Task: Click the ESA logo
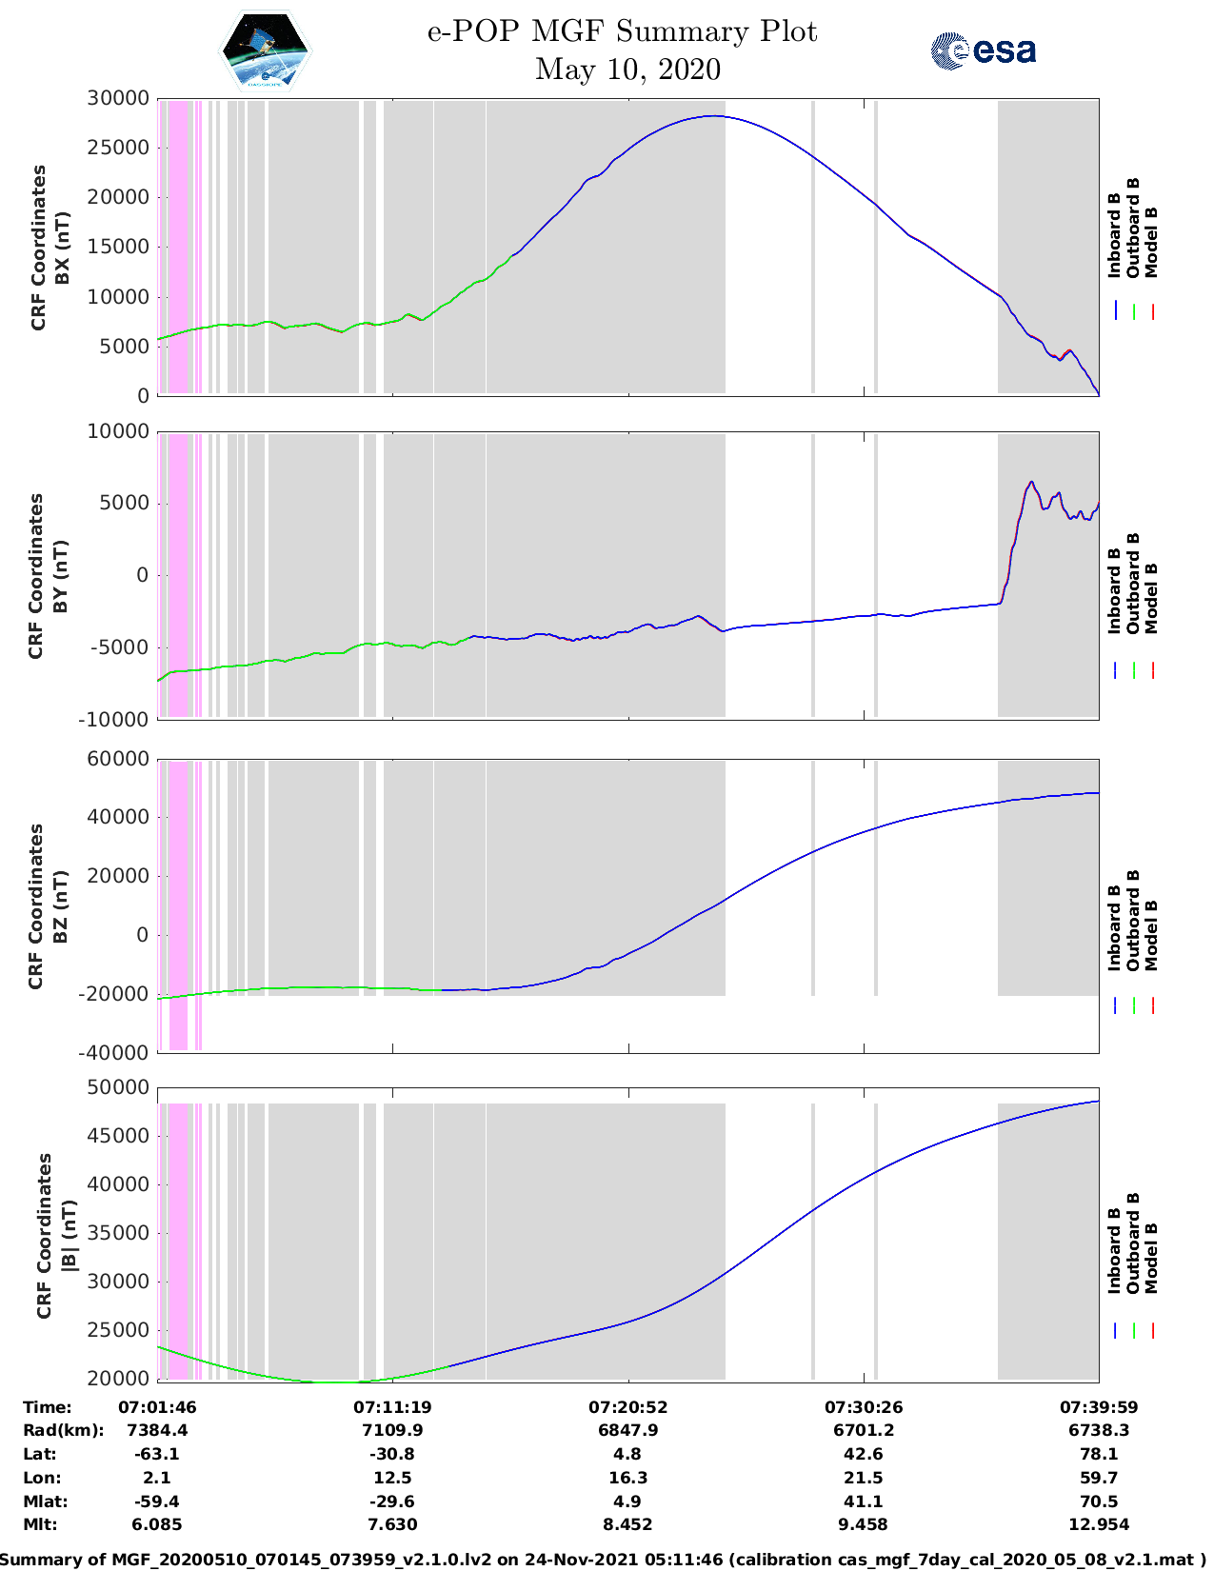[x=983, y=50]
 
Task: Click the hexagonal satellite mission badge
[x=266, y=50]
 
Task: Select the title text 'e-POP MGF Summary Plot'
[x=622, y=31]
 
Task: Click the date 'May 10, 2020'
[x=627, y=69]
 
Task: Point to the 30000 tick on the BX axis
[x=118, y=98]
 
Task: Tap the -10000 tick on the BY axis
[x=114, y=720]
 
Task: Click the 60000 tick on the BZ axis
[x=118, y=759]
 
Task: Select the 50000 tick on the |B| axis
[x=118, y=1087]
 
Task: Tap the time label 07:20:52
[x=627, y=1406]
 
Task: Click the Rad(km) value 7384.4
[x=157, y=1430]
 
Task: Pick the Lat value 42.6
[x=863, y=1454]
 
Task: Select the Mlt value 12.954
[x=1099, y=1524]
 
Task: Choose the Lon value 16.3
[x=627, y=1478]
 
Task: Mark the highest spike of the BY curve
[x=1031, y=482]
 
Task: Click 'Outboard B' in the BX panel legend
[x=1133, y=229]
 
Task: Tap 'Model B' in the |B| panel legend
[x=1151, y=1258]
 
